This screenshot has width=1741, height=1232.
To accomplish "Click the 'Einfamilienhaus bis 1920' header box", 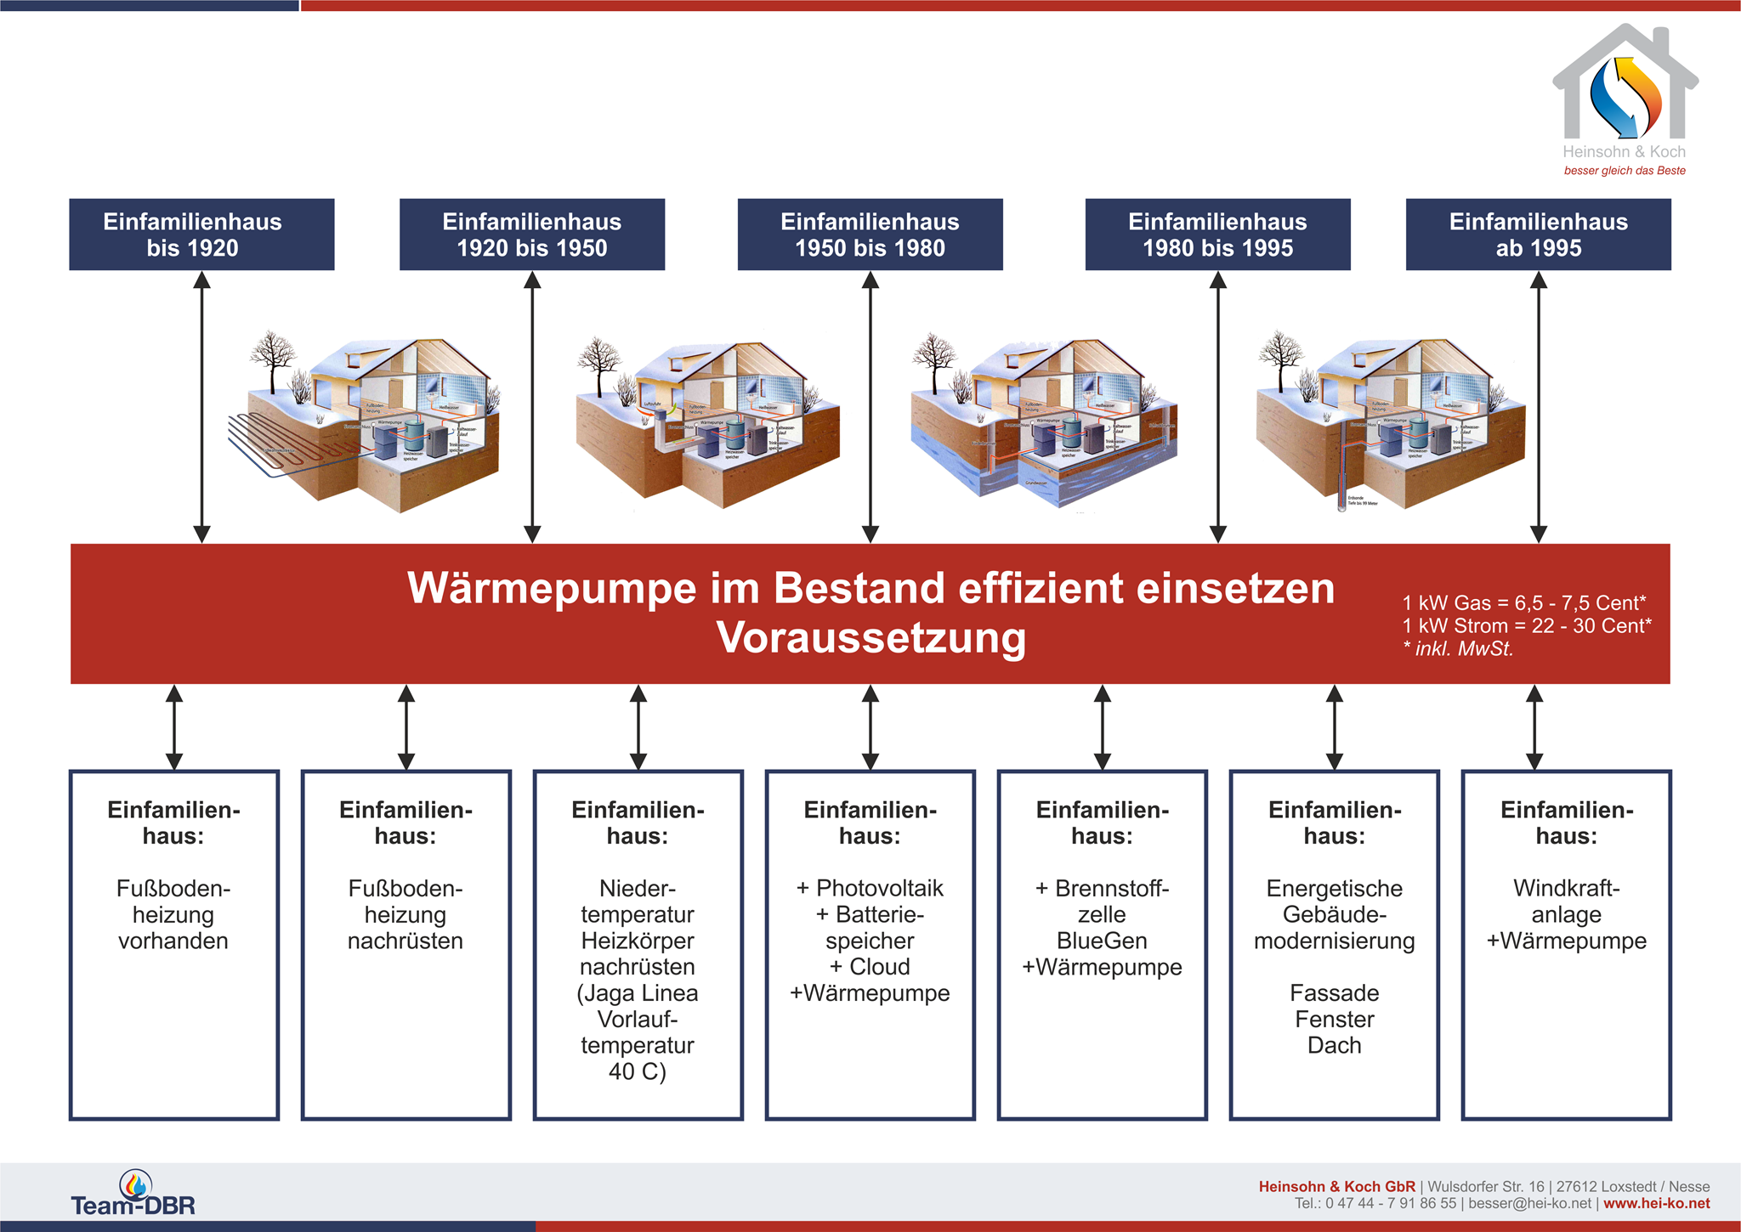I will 201,235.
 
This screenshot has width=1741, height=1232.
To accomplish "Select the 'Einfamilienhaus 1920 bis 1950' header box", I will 532,235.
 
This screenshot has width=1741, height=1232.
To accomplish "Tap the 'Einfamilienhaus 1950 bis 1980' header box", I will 870,235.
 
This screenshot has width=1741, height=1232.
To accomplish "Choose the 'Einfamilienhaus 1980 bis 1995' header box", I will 1217,235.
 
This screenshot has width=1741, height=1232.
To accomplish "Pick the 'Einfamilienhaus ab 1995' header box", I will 1538,235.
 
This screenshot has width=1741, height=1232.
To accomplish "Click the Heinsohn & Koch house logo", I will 1625,85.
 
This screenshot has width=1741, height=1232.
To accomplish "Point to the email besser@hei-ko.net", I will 1529,1204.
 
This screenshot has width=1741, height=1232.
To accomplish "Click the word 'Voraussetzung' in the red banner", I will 870,637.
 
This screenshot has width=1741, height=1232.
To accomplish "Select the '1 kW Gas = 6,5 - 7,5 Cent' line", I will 1523,603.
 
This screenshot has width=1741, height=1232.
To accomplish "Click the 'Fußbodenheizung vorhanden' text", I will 173,914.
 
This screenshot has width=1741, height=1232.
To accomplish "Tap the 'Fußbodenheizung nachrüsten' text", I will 405,914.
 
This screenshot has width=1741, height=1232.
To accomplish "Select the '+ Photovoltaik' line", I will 870,888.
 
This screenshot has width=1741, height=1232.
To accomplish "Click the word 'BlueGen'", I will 1102,941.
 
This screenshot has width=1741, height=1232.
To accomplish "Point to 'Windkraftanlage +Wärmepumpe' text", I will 1566,914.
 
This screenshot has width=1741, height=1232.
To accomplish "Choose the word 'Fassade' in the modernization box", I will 1334,992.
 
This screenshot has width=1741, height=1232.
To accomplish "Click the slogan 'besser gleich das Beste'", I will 1624,171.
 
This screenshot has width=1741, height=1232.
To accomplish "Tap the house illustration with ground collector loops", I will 366,421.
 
